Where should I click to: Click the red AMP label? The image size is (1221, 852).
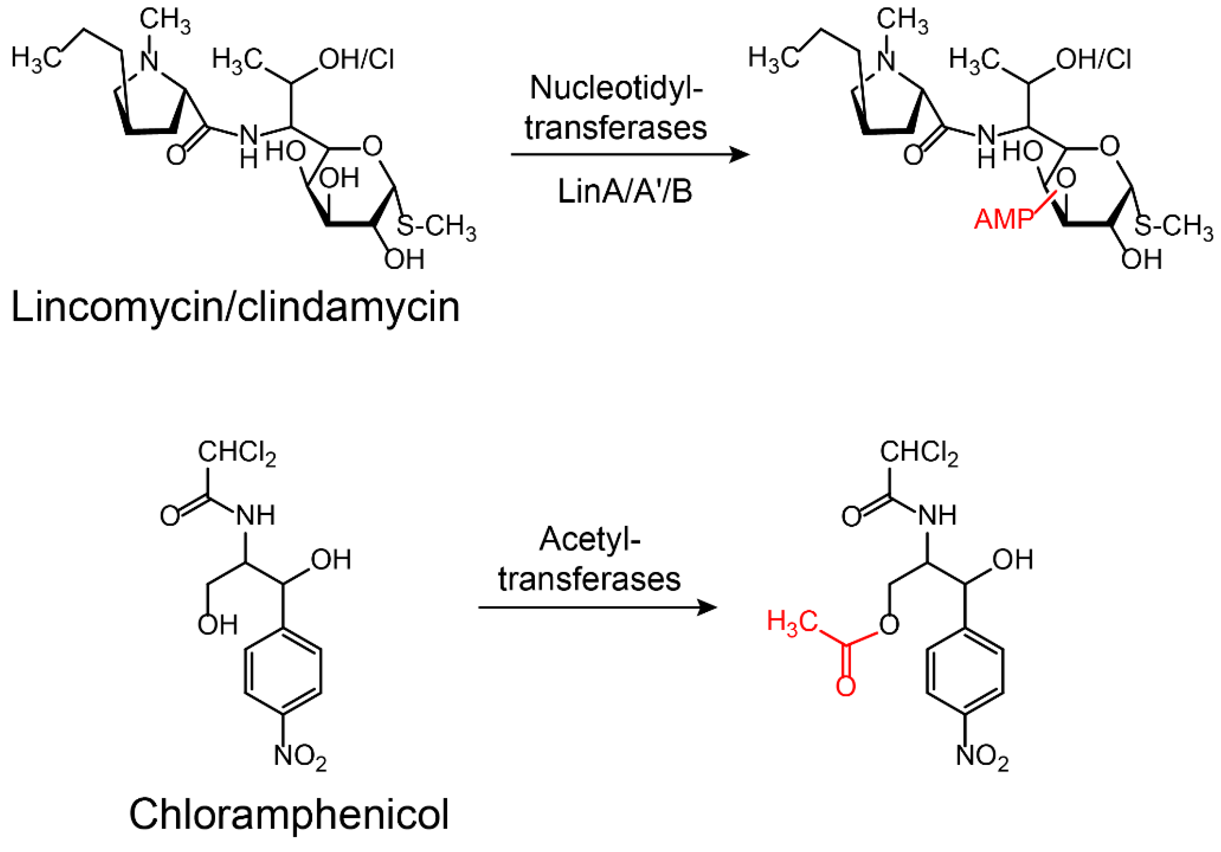pos(1004,219)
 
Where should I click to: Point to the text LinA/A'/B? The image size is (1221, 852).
pos(625,191)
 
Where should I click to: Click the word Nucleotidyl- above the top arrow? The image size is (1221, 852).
pos(616,88)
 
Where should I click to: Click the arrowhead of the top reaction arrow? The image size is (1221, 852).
pos(740,155)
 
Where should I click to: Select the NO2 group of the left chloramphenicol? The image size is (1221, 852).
pos(300,756)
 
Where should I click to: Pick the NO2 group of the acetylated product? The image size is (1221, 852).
pos(982,756)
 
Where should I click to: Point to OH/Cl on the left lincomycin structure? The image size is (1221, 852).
pos(356,59)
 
